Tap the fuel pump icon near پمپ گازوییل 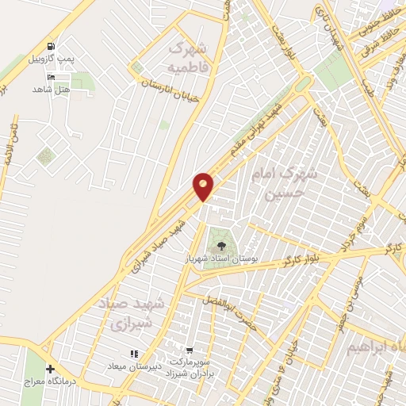click(x=52, y=47)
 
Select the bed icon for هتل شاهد click(x=52, y=77)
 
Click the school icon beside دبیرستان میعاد click(x=134, y=353)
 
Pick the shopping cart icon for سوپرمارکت click(x=190, y=350)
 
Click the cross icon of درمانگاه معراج click(x=51, y=370)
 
